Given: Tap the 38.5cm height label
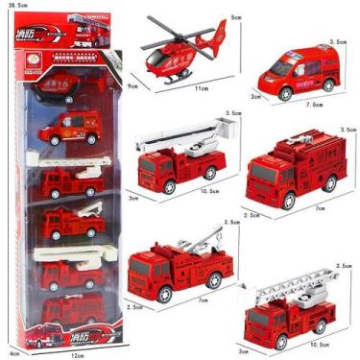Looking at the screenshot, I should pyautogui.click(x=14, y=6).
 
